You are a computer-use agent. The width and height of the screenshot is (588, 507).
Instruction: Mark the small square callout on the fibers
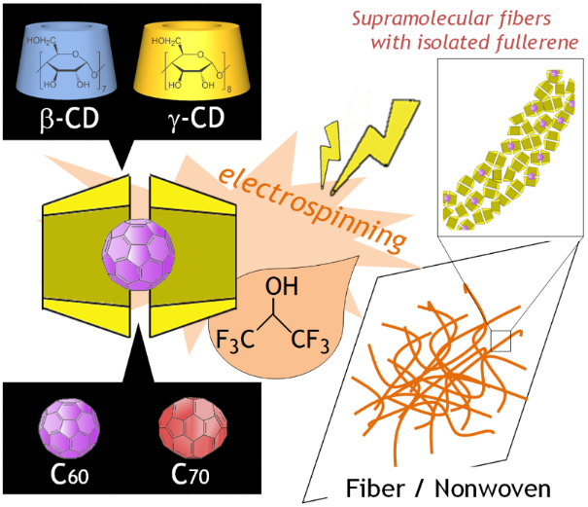pyautogui.click(x=501, y=339)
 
